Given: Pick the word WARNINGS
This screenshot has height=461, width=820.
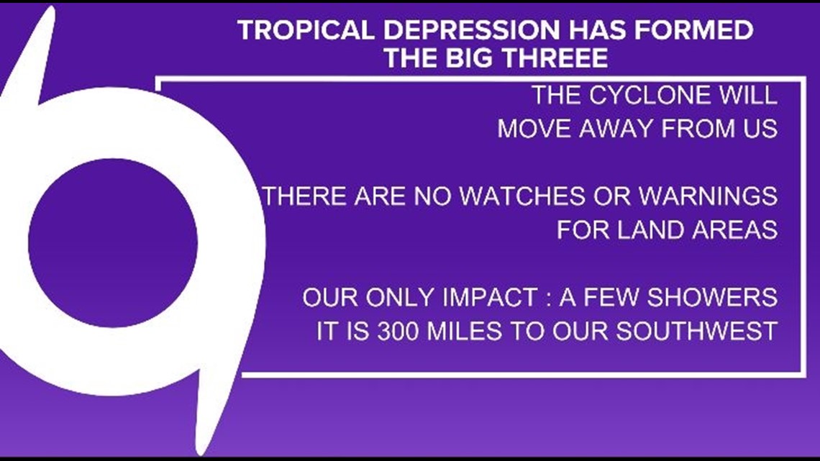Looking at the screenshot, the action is (x=708, y=196).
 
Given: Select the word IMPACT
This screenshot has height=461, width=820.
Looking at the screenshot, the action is (x=490, y=298).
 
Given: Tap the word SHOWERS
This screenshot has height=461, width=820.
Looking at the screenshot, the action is (x=712, y=298).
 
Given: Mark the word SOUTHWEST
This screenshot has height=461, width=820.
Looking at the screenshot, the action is (x=696, y=332).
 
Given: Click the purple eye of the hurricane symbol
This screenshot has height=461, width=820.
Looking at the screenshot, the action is (x=113, y=243).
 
